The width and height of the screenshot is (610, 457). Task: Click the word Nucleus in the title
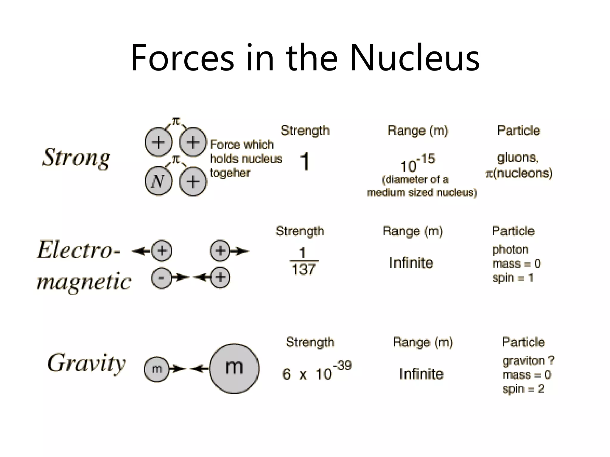414,58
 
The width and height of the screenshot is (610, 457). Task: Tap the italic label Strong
76,158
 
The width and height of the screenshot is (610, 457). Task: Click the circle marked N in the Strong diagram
158,181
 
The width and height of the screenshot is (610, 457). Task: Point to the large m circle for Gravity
234,369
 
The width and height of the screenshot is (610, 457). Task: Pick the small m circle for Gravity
157,369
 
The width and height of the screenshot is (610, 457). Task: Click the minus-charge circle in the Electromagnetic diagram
161,278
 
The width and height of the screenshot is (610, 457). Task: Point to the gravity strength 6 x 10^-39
317,372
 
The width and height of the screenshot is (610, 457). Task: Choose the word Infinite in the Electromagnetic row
411,263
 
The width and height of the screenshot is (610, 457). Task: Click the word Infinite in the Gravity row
421,374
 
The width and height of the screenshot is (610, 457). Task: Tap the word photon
510,250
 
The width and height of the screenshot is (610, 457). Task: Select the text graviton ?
528,361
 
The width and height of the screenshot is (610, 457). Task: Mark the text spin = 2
523,389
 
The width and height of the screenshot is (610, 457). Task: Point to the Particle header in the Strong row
519,130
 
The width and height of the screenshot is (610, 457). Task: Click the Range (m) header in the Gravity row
423,342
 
